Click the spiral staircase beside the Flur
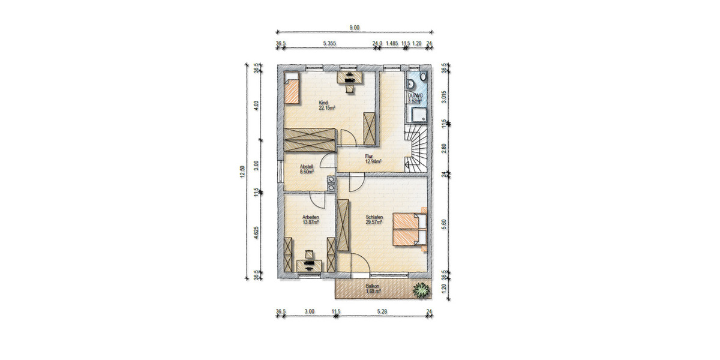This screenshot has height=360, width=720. point(418,150)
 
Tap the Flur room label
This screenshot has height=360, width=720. point(369,156)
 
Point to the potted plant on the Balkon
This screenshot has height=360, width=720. point(422,290)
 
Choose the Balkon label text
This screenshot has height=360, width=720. point(373,286)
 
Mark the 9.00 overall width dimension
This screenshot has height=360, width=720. point(355,27)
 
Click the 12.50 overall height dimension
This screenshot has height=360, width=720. point(242,172)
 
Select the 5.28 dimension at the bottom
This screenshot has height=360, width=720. point(383,311)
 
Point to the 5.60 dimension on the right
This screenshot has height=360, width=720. point(445,220)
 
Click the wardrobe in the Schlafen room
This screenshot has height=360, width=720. point(344,225)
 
